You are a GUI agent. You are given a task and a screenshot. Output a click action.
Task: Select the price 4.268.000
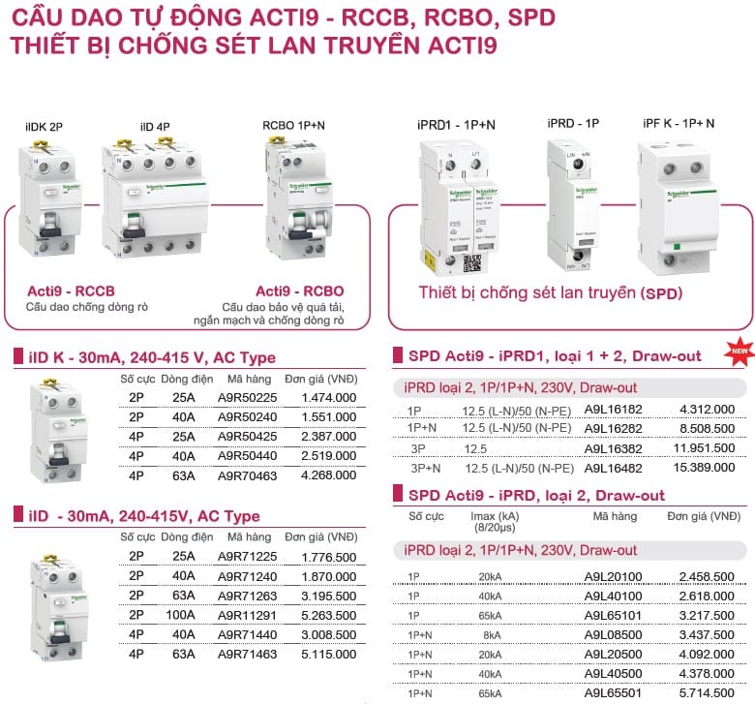(328, 475)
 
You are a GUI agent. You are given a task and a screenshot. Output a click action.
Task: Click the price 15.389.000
(706, 468)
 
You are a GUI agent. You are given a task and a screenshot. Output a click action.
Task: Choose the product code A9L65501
(613, 693)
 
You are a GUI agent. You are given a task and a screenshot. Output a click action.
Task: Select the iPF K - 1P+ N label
(679, 123)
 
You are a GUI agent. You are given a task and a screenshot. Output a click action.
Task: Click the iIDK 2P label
(45, 127)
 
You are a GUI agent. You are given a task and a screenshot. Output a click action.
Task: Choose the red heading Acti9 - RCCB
(71, 291)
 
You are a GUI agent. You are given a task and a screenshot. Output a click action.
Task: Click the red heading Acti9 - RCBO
(299, 291)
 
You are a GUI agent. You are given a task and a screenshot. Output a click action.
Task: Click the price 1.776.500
(328, 556)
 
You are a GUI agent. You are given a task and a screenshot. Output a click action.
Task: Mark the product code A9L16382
(613, 448)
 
